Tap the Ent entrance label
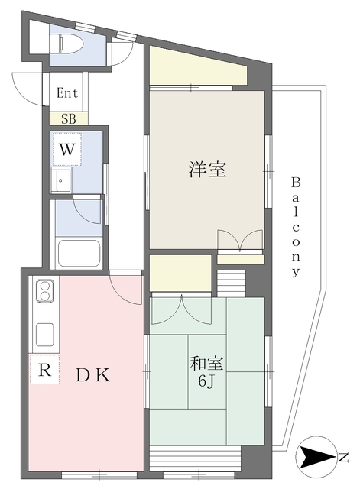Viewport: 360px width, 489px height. pyautogui.click(x=67, y=93)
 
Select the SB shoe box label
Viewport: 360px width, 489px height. pyautogui.click(x=69, y=118)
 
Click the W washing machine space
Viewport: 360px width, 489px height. pyautogui.click(x=67, y=150)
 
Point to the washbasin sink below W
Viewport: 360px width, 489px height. pyautogui.click(x=61, y=180)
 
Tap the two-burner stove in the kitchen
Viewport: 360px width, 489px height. pyautogui.click(x=45, y=291)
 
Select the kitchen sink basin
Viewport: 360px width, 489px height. pyautogui.click(x=45, y=335)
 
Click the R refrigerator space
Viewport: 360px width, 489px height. pyautogui.click(x=44, y=369)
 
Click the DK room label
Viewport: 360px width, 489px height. pyautogui.click(x=93, y=375)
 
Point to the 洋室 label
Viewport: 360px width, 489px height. pyautogui.click(x=207, y=170)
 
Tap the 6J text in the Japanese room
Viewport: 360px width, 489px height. pyautogui.click(x=206, y=381)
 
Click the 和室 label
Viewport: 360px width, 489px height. pyautogui.click(x=206, y=364)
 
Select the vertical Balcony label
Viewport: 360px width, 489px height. pyautogui.click(x=296, y=227)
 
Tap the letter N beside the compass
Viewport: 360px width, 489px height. pyautogui.click(x=343, y=458)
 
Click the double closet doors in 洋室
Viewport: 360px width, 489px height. pyautogui.click(x=240, y=240)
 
